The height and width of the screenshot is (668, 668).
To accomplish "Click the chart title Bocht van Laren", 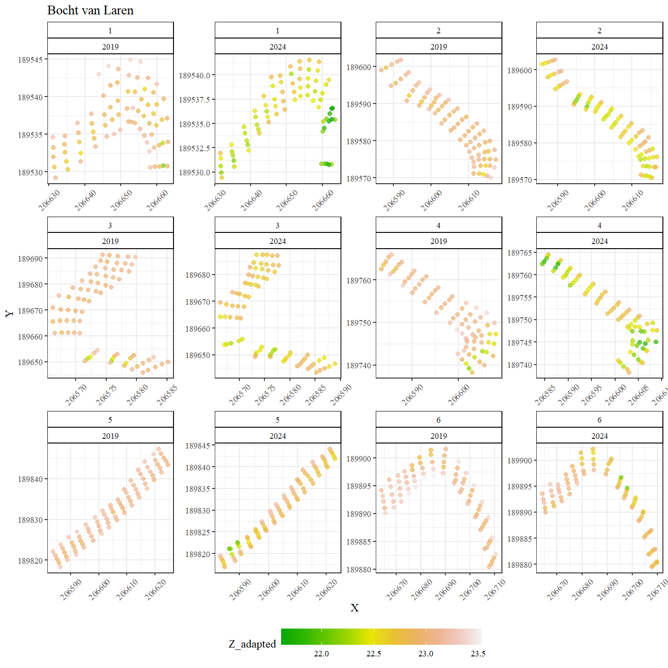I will tap(90, 10).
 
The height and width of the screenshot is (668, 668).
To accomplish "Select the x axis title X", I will tap(354, 608).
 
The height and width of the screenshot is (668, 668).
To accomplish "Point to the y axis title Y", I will tap(9, 313).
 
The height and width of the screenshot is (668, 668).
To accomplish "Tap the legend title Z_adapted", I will tap(252, 644).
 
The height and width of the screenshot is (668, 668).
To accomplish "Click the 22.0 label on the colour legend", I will tap(321, 654).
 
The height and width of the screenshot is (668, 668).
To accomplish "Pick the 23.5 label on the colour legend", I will tap(478, 654).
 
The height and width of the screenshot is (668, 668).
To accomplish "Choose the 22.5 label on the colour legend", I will tap(373, 654).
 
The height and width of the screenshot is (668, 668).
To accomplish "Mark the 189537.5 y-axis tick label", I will tap(195, 100).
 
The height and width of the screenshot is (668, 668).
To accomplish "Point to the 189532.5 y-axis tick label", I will tap(195, 148).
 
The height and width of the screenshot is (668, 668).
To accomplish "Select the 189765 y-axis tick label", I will tap(520, 253).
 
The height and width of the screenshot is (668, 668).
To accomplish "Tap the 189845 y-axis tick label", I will tap(198, 446).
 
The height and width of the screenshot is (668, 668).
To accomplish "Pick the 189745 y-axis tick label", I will tap(520, 342).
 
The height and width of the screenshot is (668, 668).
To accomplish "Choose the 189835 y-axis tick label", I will tap(198, 489).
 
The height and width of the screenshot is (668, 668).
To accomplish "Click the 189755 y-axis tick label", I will tap(520, 298).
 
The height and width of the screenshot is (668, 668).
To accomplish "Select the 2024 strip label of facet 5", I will tap(277, 436).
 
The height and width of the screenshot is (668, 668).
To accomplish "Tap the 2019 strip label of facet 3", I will tap(110, 241).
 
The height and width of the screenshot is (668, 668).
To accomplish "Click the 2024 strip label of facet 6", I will tap(599, 436).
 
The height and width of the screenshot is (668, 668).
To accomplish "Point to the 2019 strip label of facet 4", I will tap(438, 241).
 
